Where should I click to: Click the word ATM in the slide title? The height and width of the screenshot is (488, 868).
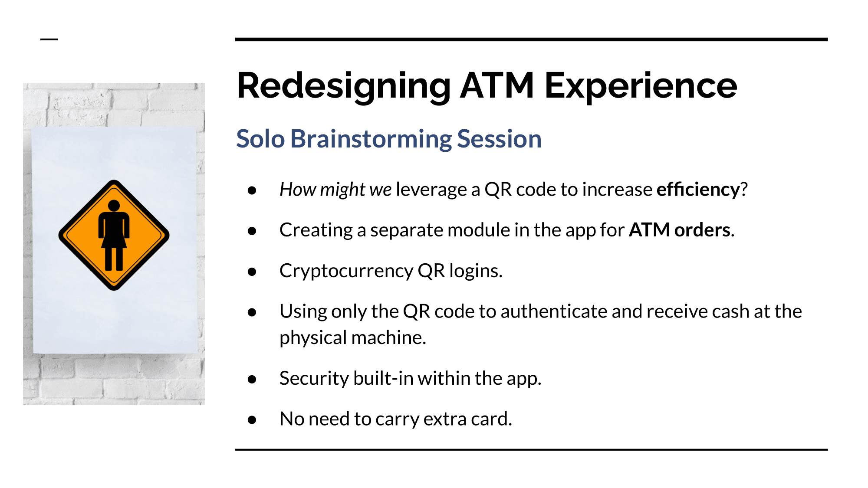(496, 86)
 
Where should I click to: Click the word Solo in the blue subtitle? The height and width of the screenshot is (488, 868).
(260, 139)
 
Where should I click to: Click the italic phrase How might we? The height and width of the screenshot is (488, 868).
(335, 190)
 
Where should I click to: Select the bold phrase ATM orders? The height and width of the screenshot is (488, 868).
(680, 230)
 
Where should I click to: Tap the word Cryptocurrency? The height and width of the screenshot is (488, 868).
(346, 271)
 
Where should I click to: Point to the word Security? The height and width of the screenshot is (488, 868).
(314, 378)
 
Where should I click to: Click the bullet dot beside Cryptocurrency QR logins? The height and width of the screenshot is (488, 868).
(252, 272)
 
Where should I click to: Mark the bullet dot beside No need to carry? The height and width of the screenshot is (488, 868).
(252, 420)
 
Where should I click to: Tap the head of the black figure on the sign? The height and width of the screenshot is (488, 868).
(114, 206)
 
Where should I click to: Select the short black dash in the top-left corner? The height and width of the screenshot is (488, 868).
(49, 39)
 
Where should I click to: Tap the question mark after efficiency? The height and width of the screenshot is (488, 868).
(744, 190)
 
